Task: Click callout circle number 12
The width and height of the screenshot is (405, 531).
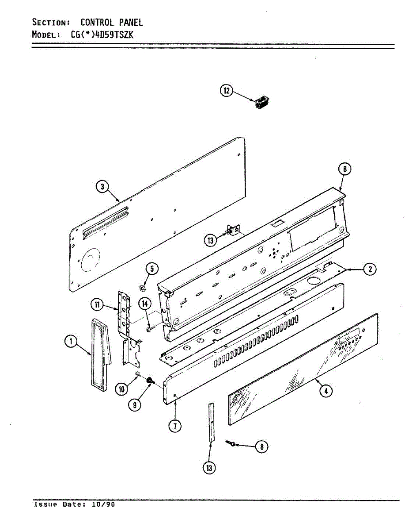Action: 226,91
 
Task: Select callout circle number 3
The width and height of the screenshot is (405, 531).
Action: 102,187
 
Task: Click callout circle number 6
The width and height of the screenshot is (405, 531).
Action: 345,169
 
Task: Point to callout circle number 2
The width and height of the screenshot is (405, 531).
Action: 370,269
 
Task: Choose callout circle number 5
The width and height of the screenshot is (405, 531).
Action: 151,268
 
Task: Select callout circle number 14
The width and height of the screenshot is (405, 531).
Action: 144,303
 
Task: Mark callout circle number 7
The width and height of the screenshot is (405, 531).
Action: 175,426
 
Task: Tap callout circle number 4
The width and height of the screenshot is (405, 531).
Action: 326,390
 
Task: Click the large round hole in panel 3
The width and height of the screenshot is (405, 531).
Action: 91,260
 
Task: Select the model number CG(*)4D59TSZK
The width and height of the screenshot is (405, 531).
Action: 102,35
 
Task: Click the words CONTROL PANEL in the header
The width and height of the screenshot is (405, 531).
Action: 111,22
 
